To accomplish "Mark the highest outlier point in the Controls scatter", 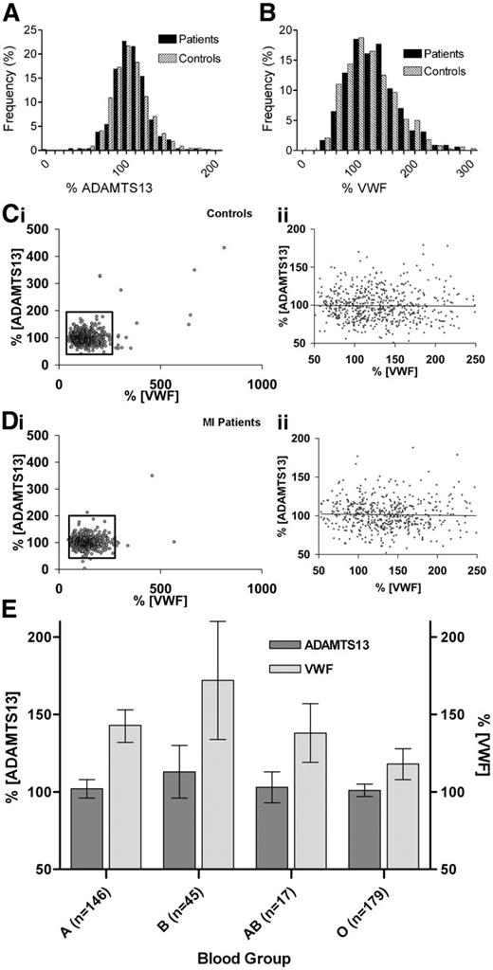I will tap(225, 248).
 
